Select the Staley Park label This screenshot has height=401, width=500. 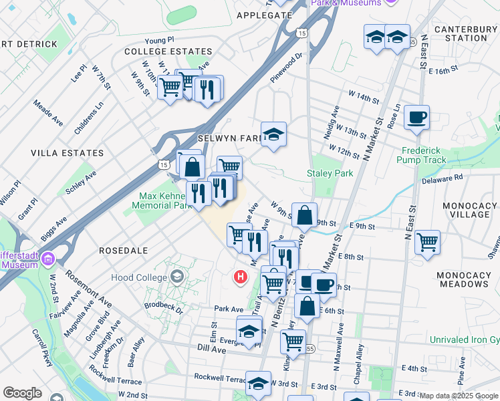330,173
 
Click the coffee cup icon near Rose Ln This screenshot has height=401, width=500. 416,118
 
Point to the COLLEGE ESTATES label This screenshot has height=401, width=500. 168,51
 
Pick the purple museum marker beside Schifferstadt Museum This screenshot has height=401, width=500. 47,259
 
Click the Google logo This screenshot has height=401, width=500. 22,393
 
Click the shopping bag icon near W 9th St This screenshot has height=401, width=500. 304,216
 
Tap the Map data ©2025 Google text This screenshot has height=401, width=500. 458,396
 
